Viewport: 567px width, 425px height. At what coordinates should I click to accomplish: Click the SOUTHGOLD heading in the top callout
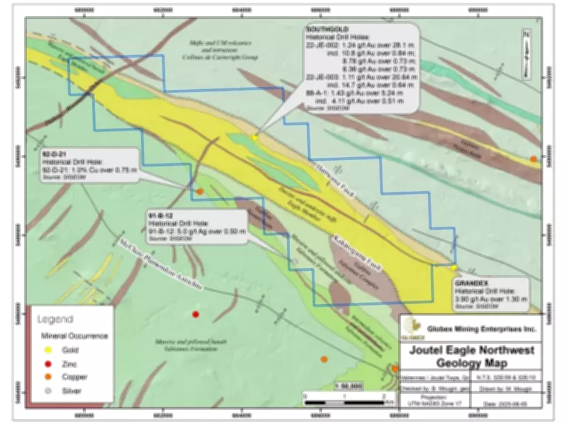(324, 29)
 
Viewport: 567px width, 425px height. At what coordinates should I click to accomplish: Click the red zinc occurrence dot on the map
(196, 314)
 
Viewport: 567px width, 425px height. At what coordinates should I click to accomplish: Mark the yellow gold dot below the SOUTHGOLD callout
(254, 137)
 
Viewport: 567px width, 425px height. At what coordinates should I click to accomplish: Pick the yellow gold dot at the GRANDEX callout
(454, 268)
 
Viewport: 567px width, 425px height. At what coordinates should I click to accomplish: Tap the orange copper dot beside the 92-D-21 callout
(201, 191)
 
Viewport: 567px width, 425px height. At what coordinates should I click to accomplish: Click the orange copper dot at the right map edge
(534, 159)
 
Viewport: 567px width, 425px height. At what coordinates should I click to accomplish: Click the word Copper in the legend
(75, 377)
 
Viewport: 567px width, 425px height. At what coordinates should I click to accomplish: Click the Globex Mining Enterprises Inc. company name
(482, 329)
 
